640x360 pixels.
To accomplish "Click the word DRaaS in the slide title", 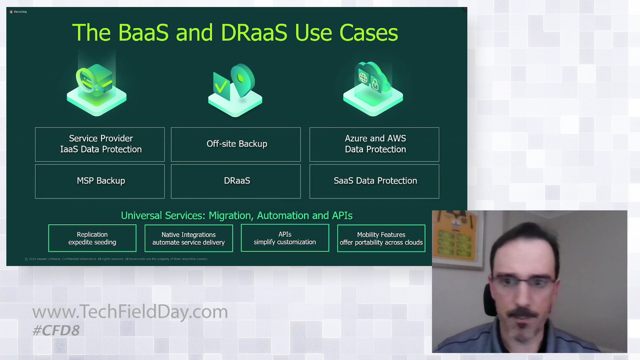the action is [x=254, y=33].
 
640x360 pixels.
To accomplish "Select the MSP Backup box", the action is [x=100, y=181].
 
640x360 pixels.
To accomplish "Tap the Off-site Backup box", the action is [x=236, y=145].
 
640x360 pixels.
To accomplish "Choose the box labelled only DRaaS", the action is [x=236, y=181].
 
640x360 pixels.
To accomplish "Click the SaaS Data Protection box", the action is [x=374, y=181].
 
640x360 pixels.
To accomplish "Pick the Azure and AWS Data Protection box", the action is [x=374, y=145].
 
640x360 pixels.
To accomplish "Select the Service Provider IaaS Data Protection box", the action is [x=100, y=145].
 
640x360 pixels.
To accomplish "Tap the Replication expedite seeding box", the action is [x=92, y=238].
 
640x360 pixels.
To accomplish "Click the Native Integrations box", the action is [x=189, y=238].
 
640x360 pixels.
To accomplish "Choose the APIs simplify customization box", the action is [x=285, y=238].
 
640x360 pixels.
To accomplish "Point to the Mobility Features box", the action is [x=381, y=238].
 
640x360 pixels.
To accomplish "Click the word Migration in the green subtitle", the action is [x=231, y=216].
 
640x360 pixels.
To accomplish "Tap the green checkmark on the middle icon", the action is [x=221, y=87].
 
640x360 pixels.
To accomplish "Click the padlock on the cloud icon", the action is [x=375, y=85].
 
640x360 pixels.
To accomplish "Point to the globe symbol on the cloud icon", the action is [x=363, y=78].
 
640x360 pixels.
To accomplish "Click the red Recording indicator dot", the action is [x=11, y=12].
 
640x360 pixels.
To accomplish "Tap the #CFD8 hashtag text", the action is [x=56, y=330].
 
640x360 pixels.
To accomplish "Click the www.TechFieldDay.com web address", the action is [x=130, y=312].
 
